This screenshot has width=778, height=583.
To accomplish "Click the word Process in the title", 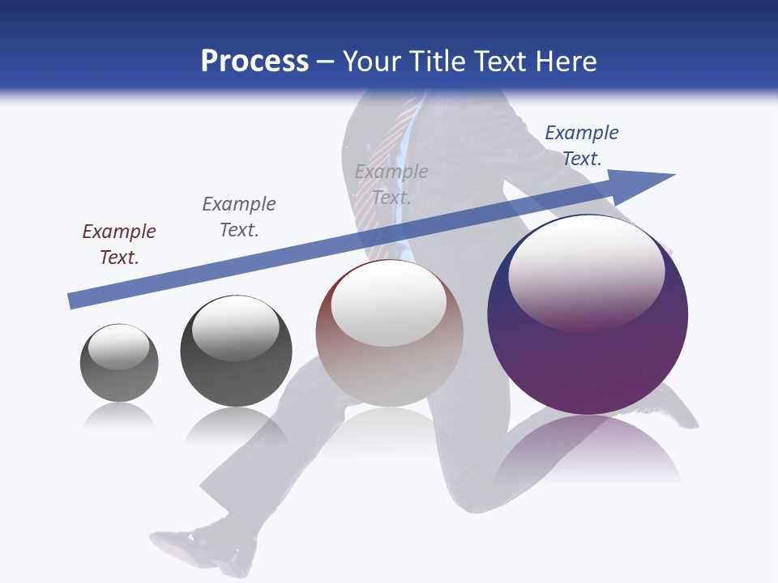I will pos(254,62).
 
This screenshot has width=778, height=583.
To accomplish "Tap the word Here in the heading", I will pos(566,62).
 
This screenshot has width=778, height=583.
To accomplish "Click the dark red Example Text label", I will pos(119,245).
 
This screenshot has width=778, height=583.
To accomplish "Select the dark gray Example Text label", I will pos(239,217).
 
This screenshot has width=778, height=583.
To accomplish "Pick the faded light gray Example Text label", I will pos(391,185).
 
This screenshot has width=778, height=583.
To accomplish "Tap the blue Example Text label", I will pos(582,146).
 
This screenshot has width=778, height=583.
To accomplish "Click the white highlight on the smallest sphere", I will pos(118,347).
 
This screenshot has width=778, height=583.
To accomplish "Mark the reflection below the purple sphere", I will pos(588,449).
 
